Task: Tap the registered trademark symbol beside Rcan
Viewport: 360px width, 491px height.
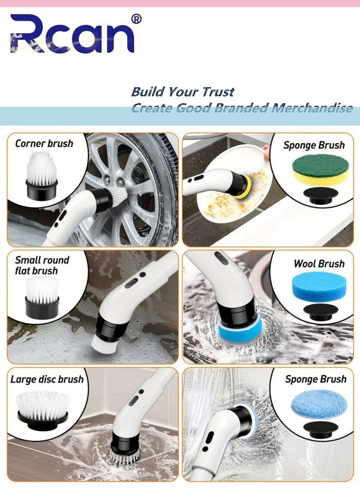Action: tap(136, 19)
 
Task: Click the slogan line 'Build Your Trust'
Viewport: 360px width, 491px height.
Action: tap(183, 91)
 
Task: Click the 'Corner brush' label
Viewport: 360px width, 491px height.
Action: tap(44, 143)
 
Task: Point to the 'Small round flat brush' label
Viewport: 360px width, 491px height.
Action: tap(42, 265)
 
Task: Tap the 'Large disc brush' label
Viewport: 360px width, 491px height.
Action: tap(47, 379)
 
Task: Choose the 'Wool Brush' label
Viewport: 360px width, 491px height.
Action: tap(319, 264)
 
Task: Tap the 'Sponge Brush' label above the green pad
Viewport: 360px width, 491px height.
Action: tap(314, 145)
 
